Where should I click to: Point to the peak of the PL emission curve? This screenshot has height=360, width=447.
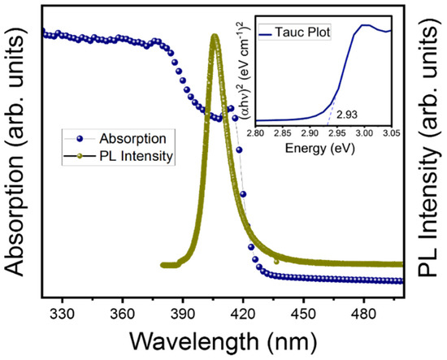(215, 37)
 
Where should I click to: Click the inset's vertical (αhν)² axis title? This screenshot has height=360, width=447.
(240, 76)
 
